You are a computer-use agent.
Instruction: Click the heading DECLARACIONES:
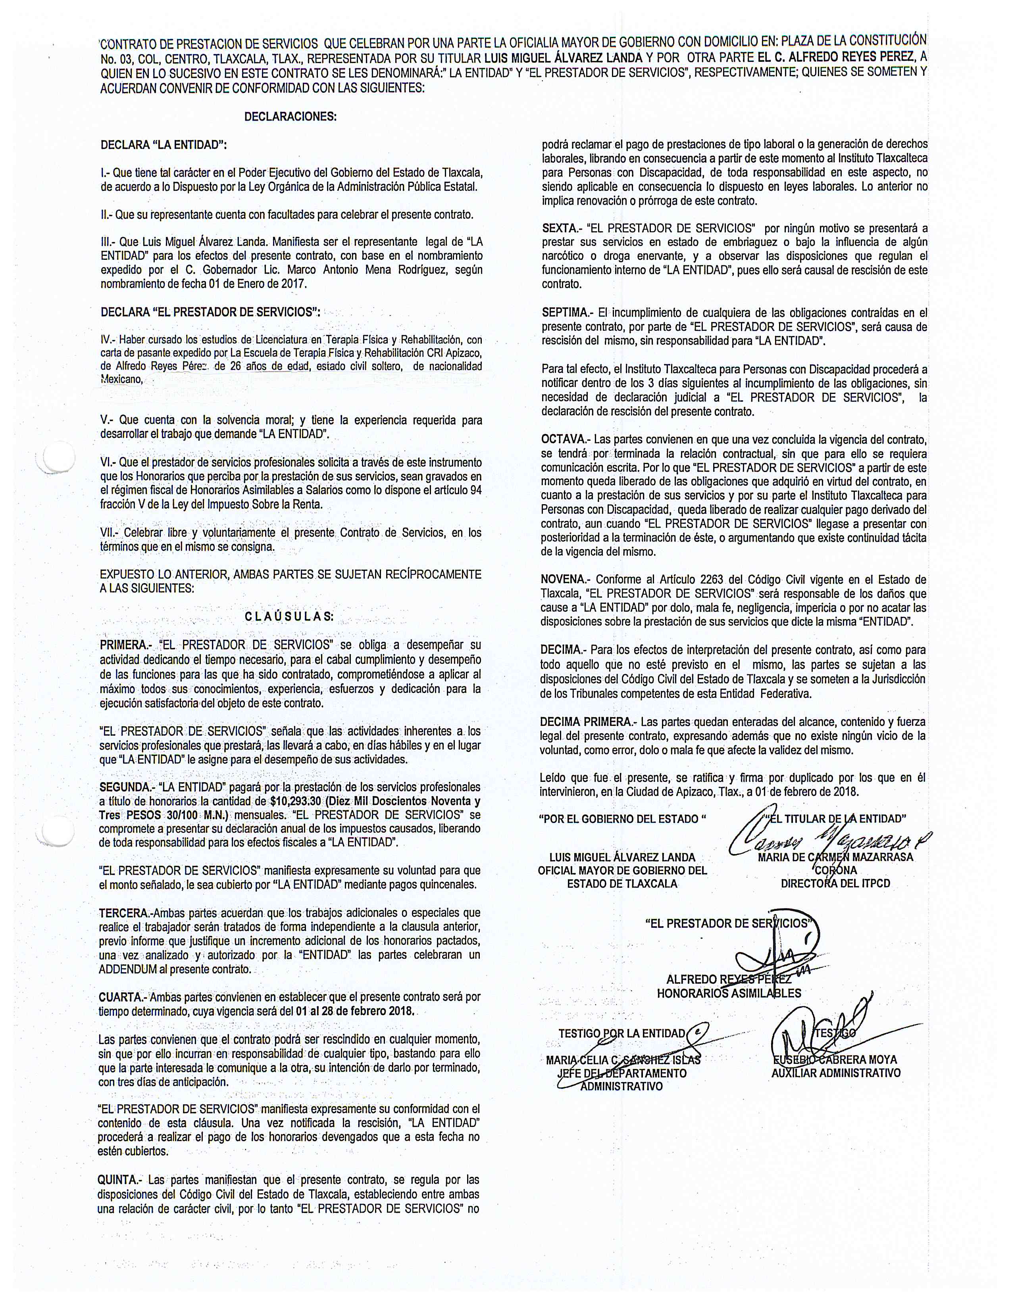click(x=290, y=117)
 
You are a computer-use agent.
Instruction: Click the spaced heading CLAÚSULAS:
click(x=290, y=616)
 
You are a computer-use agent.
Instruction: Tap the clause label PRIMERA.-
click(x=123, y=645)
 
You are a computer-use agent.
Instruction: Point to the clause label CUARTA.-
click(x=122, y=997)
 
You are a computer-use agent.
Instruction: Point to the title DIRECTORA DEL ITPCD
click(x=835, y=883)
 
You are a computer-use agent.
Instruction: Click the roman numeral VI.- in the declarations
click(x=108, y=463)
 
